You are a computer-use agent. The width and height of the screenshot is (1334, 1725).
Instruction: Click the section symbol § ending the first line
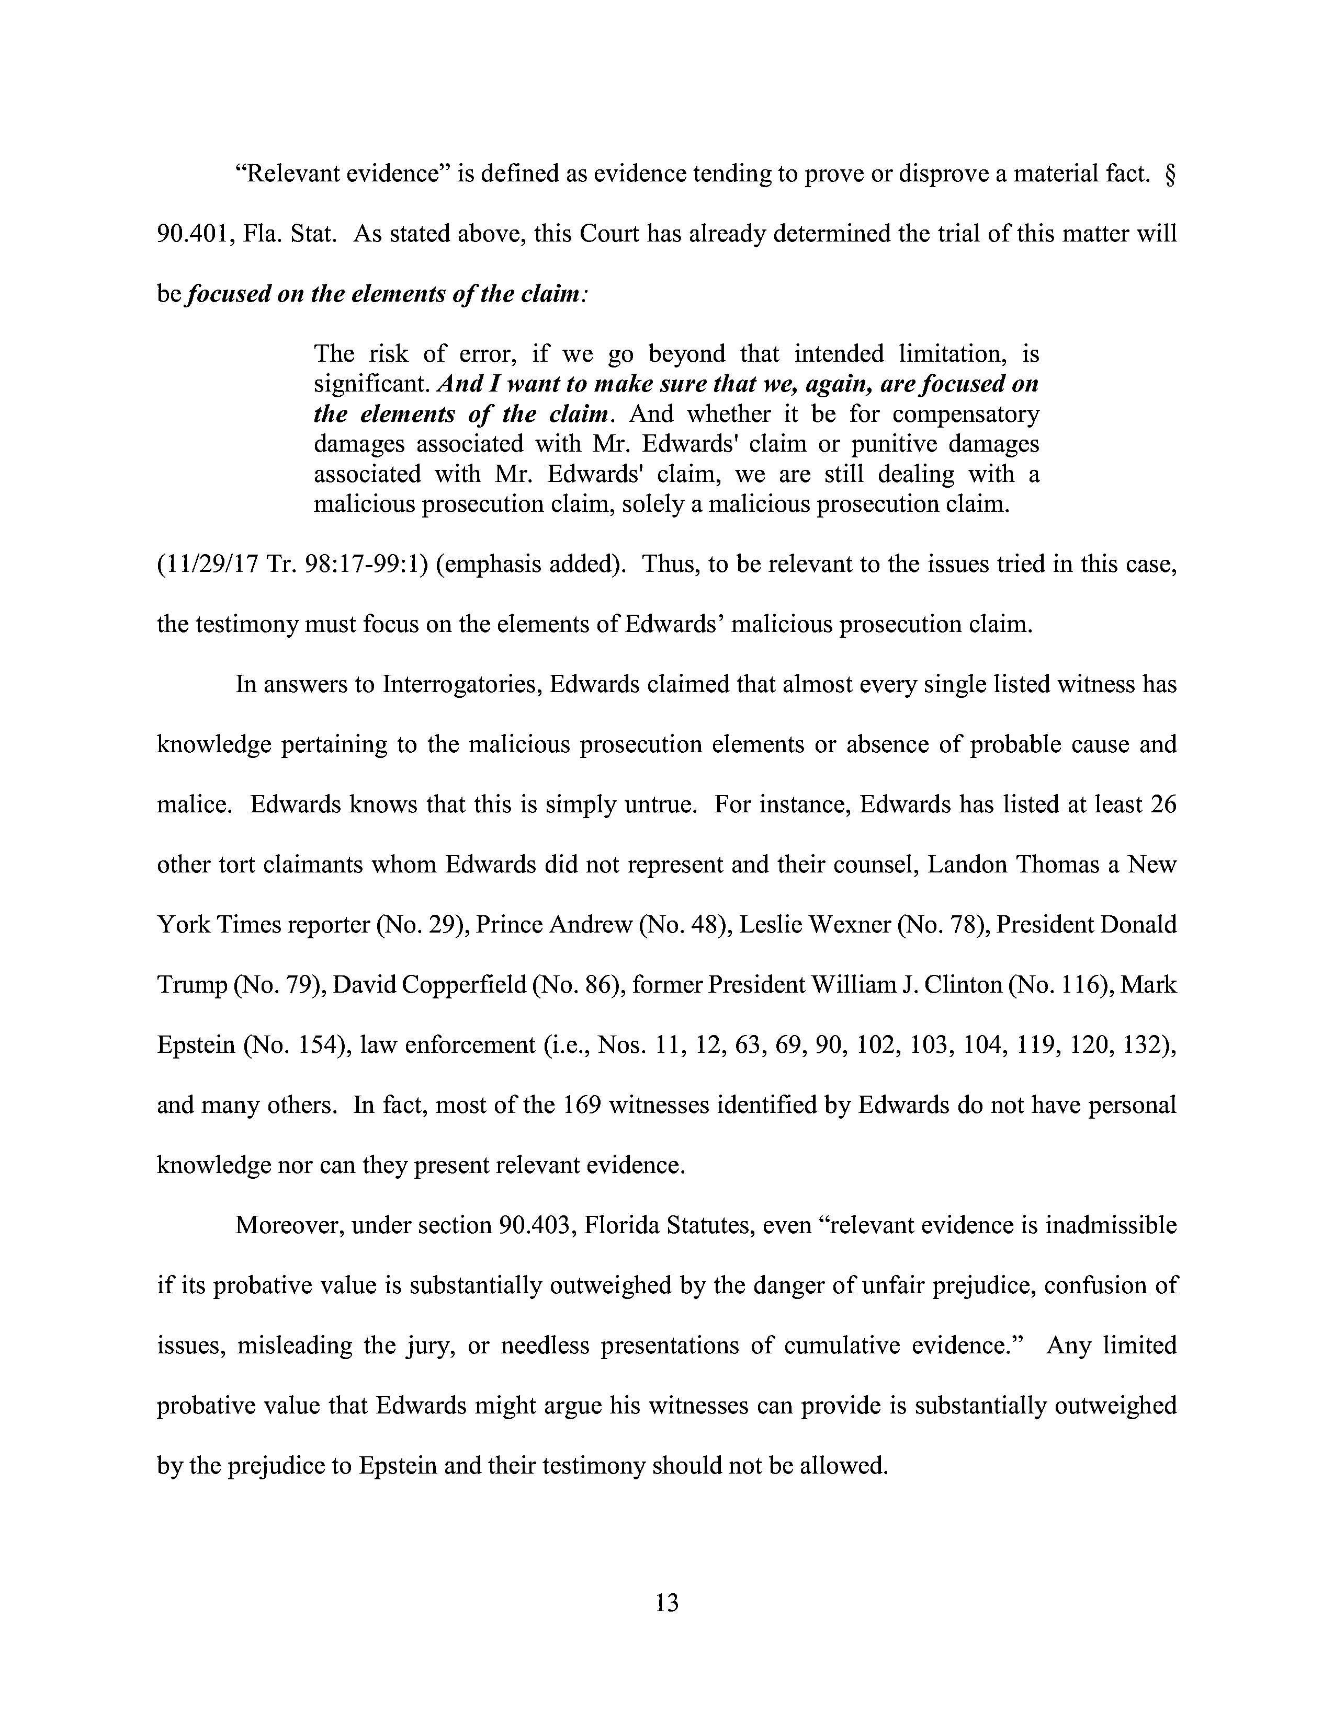click(1170, 173)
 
